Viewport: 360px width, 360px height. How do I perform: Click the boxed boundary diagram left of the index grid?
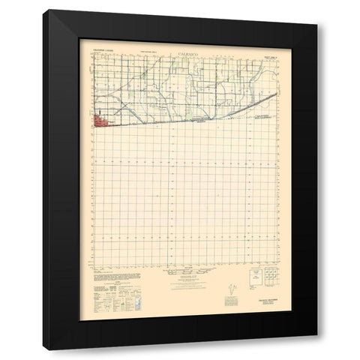(x=244, y=278)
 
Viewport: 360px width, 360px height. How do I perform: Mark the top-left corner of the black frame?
(x=43, y=10)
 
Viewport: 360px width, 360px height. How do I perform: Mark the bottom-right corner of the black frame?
(x=317, y=349)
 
